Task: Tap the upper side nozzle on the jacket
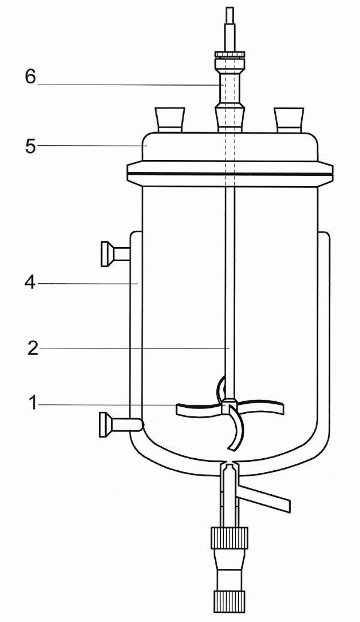pyautogui.click(x=115, y=252)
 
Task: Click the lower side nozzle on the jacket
pyautogui.click(x=117, y=425)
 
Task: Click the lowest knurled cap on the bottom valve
pyautogui.click(x=228, y=599)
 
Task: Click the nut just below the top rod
pyautogui.click(x=229, y=56)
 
